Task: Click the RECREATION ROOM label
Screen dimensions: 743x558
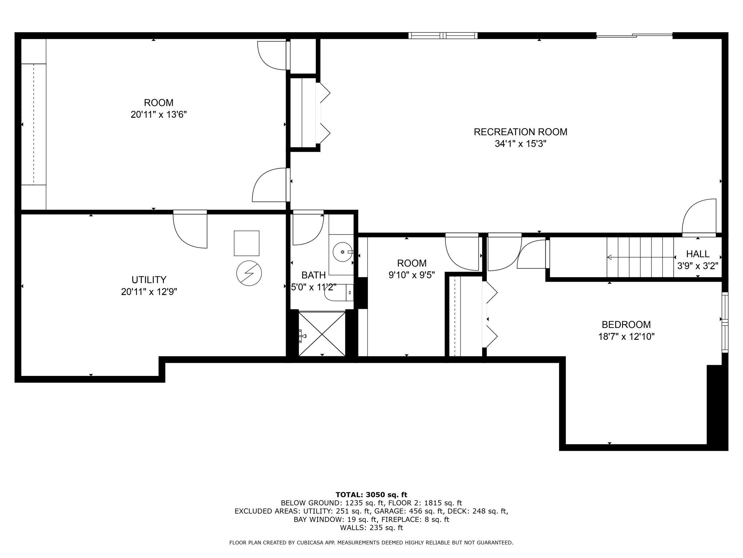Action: click(520, 132)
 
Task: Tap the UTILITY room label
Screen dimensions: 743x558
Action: click(149, 280)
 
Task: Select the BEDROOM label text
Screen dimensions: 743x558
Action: click(626, 325)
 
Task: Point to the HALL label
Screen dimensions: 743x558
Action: click(698, 254)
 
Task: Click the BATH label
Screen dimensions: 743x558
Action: click(313, 275)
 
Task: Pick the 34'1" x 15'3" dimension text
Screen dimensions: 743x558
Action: click(521, 144)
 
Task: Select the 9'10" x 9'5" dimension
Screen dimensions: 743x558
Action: click(412, 275)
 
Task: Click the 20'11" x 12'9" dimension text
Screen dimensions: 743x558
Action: click(149, 292)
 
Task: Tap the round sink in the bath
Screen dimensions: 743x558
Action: click(343, 252)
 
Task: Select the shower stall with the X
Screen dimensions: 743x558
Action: click(322, 334)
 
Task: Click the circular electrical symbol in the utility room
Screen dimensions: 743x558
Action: click(249, 273)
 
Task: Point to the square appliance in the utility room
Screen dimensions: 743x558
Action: click(246, 243)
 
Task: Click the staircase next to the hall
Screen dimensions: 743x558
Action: click(640, 257)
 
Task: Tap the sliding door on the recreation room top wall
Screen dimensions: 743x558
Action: click(634, 35)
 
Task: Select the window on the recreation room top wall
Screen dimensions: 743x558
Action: click(443, 35)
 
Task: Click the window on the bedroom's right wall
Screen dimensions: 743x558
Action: click(725, 322)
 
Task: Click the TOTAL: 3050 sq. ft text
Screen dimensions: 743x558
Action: click(371, 495)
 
